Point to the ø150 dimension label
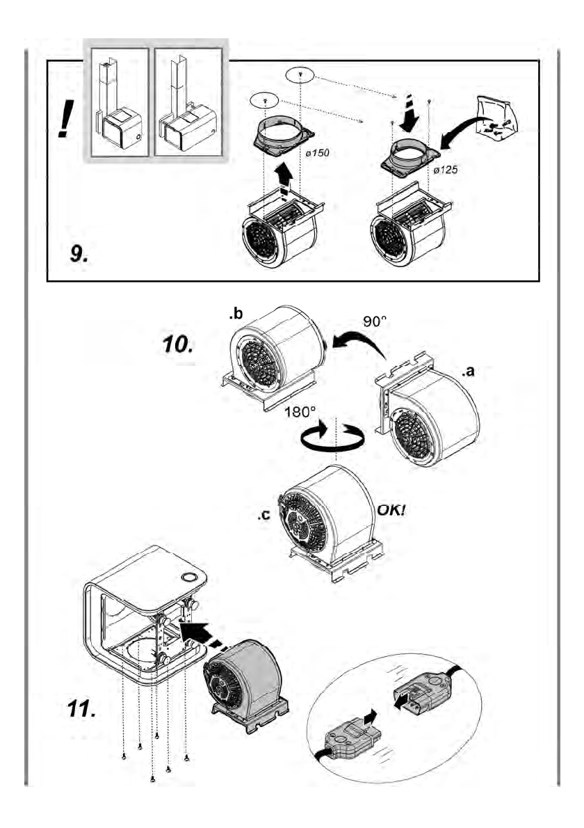(x=314, y=152)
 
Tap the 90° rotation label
(x=375, y=323)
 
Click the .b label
(x=235, y=315)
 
